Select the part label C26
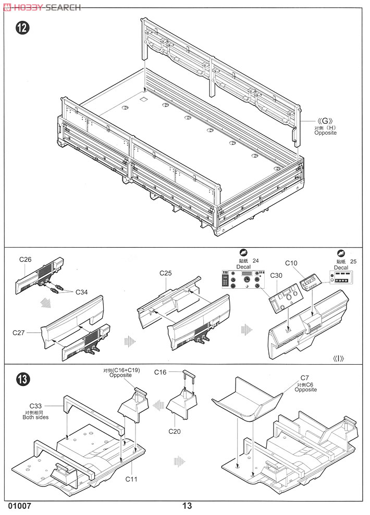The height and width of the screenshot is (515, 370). point(26,259)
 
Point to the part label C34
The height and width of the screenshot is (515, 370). point(82,292)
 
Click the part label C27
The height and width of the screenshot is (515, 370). point(19,332)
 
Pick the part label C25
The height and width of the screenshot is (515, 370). point(166,273)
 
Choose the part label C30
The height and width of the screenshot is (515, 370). point(277,276)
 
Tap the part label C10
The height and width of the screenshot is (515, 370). point(291,263)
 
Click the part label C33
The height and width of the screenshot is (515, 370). point(35,406)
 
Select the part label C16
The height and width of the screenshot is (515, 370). point(161,372)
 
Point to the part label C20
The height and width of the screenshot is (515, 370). point(174,431)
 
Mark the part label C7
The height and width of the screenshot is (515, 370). point(305,378)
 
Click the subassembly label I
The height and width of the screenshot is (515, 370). point(339,358)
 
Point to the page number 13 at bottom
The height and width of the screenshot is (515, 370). point(187,506)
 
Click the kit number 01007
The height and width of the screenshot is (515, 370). point(20,506)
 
